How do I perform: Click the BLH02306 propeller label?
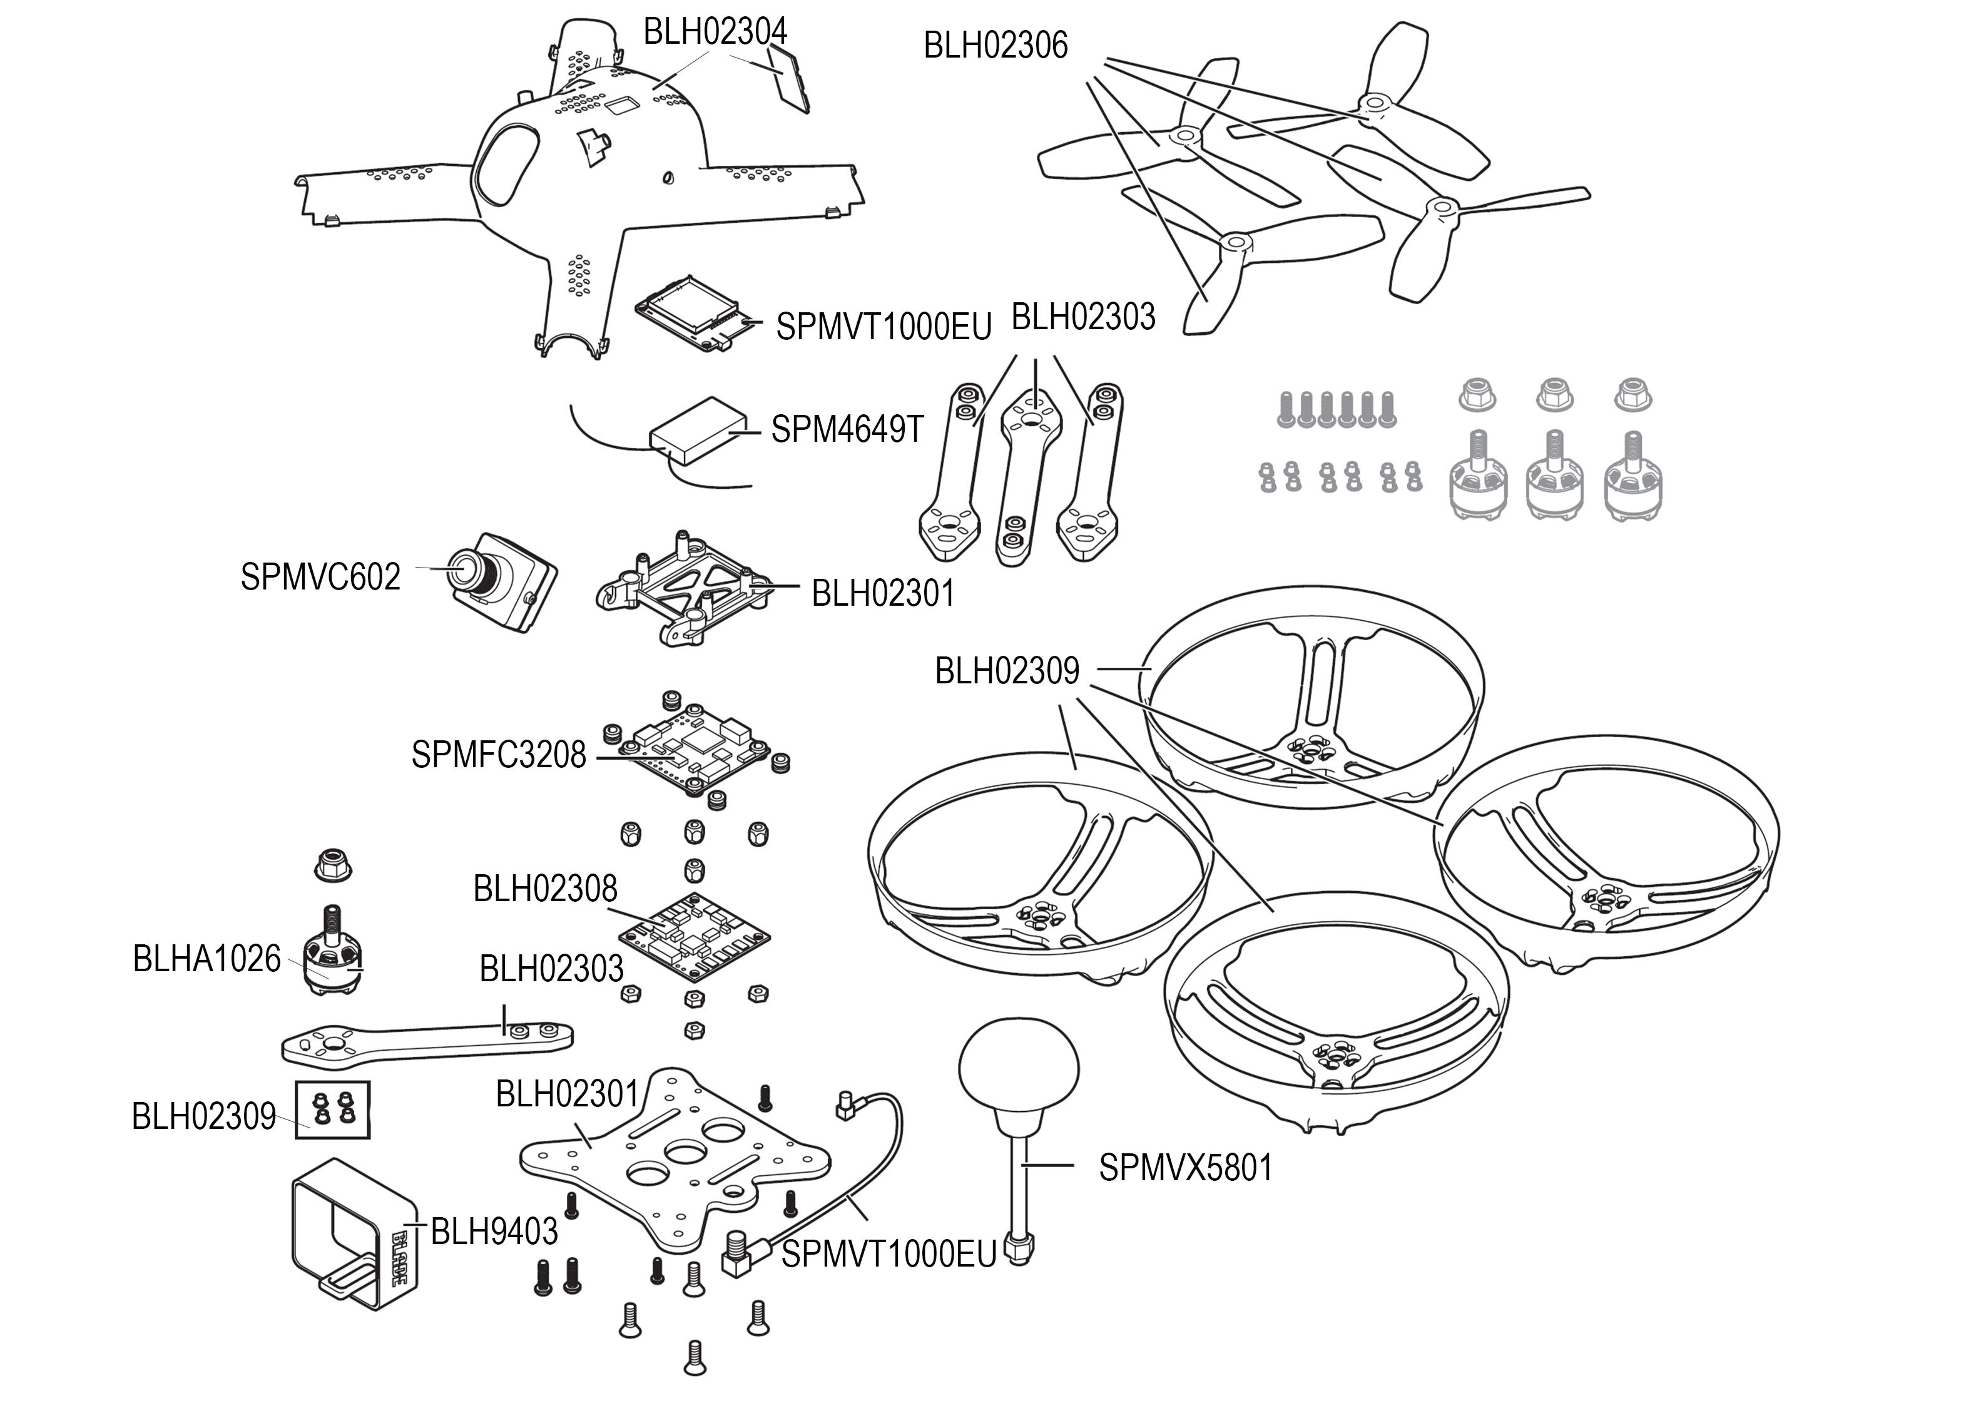(995, 46)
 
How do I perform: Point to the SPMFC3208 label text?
(499, 755)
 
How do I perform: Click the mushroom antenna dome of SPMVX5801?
(1019, 1069)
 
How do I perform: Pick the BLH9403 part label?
(494, 1230)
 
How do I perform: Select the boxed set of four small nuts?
(334, 1109)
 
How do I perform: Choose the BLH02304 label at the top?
(715, 32)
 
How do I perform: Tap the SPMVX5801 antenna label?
(1186, 1168)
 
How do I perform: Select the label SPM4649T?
(847, 429)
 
